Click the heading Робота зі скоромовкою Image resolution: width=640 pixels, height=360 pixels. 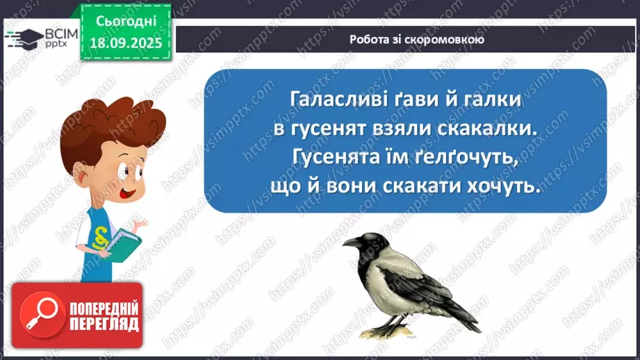click(x=407, y=40)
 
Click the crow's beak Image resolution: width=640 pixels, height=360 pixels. click(x=350, y=243)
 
